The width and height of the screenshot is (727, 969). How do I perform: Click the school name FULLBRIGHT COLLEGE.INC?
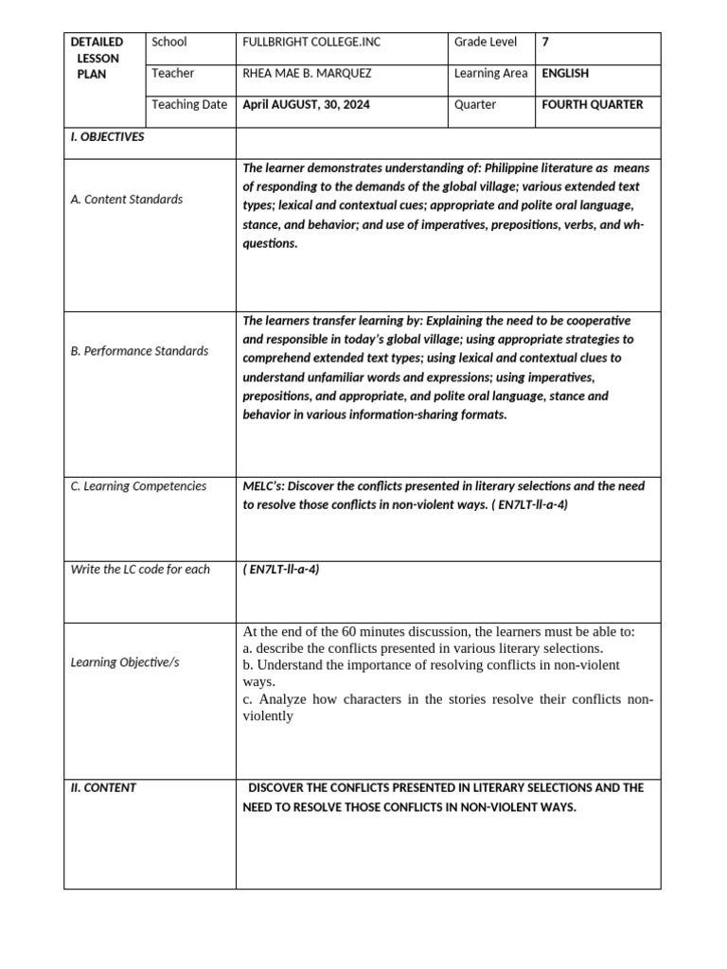(311, 43)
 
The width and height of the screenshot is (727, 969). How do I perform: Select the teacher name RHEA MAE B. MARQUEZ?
(309, 74)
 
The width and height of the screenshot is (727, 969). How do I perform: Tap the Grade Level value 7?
(545, 43)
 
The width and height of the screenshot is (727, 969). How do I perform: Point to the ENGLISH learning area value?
(565, 74)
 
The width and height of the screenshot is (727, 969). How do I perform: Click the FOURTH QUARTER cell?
(592, 105)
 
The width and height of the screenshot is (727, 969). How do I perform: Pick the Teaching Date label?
(189, 105)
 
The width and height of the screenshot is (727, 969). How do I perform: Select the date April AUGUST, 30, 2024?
(307, 105)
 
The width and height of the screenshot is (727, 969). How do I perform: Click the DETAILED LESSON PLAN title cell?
(98, 58)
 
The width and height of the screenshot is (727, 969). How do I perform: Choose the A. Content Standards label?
(127, 200)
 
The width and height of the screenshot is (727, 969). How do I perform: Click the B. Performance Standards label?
(139, 351)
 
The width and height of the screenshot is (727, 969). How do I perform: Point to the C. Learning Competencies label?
(138, 486)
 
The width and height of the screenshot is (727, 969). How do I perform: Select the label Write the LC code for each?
(140, 570)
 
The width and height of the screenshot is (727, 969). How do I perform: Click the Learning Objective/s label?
(125, 662)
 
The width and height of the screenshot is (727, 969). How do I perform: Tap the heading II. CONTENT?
(103, 787)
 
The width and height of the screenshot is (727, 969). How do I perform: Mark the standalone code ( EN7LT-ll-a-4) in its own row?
(281, 570)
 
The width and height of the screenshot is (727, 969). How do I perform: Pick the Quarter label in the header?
(475, 105)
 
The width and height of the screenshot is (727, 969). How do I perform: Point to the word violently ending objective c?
(269, 716)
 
